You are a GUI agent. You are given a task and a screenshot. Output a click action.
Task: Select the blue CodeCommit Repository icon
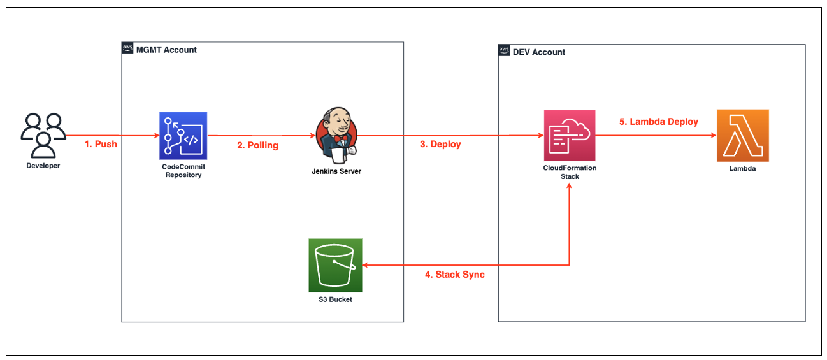tap(183, 135)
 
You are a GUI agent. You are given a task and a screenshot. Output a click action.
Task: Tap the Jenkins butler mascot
tap(336, 134)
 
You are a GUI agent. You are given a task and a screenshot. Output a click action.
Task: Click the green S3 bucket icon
tap(335, 264)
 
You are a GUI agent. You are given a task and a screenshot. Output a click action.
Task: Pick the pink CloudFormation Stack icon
tap(569, 135)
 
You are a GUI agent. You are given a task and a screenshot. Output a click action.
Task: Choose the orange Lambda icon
tap(742, 135)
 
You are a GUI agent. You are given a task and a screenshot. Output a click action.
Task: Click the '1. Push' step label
tap(101, 144)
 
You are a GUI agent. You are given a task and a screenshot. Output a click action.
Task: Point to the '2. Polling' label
tap(257, 145)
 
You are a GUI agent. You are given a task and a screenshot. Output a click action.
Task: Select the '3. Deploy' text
tap(440, 144)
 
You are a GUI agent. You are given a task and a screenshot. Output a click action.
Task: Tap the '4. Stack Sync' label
tap(454, 275)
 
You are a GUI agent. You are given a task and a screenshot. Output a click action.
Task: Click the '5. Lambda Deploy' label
tap(659, 122)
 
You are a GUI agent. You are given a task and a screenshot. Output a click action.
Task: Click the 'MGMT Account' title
tap(167, 50)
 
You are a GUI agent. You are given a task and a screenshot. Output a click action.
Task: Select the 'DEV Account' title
tap(539, 52)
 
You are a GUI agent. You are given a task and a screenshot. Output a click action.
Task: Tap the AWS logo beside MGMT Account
tap(127, 49)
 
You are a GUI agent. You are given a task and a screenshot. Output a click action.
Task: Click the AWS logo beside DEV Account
tap(504, 52)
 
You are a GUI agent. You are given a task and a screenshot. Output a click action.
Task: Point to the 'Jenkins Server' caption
tap(336, 171)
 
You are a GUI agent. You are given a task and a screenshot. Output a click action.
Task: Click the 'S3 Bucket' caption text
tap(335, 299)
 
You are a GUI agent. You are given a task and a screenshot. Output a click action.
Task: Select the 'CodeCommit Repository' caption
tap(183, 171)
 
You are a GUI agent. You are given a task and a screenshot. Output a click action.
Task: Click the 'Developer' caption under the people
tap(43, 166)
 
